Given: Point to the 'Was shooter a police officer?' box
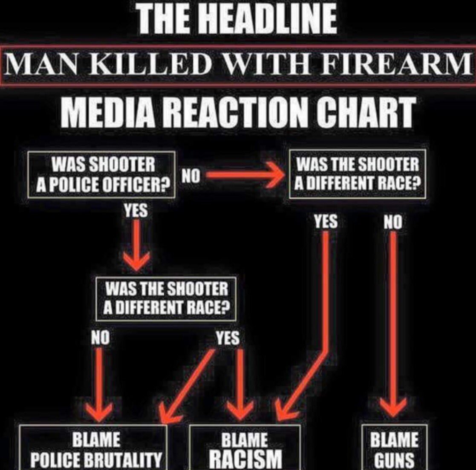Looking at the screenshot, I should pos(102,175).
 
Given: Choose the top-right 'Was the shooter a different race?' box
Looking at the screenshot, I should pos(357,173).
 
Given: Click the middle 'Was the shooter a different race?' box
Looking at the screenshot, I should pos(167,298).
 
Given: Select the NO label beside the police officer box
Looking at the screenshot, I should pos(190,175).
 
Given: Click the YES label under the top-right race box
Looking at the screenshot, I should pos(326,221).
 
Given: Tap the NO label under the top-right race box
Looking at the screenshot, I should pos(392,222).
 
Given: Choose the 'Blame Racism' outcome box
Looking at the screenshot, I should pos(245,449).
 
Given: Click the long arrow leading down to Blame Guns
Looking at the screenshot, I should pos(393,324).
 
